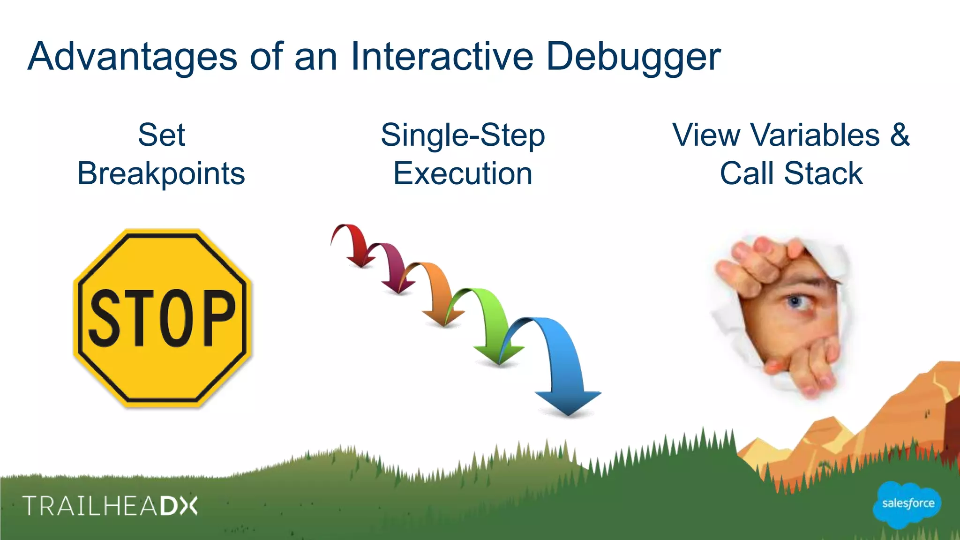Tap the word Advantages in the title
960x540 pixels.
tap(133, 57)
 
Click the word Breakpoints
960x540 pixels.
tap(161, 173)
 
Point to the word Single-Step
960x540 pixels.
tap(463, 135)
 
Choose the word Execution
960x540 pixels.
tap(463, 173)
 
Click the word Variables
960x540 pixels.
tap(815, 135)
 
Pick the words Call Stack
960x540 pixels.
tap(791, 173)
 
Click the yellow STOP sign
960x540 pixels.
tap(162, 318)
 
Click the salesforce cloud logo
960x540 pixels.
tap(907, 504)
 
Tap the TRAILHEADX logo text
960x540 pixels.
tap(110, 506)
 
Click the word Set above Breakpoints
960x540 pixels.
tap(161, 135)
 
